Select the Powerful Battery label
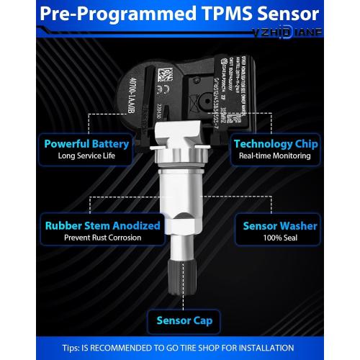pyautogui.click(x=86, y=143)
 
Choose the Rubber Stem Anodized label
pyautogui.click(x=102, y=225)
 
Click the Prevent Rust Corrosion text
pyautogui.click(x=102, y=238)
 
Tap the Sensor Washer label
pyautogui.click(x=279, y=225)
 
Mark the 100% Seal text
pyautogui.click(x=279, y=238)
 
